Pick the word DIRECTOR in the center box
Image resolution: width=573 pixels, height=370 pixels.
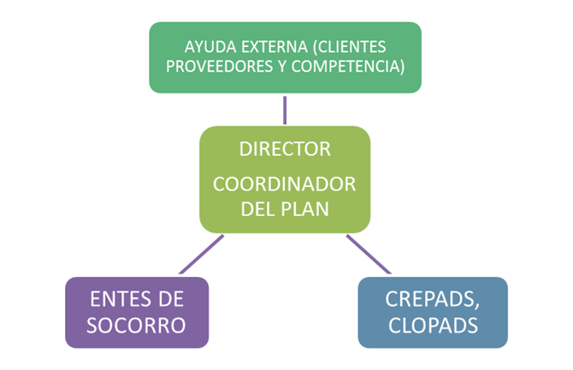pos(285,150)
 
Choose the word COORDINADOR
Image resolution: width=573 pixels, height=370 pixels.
pos(285,185)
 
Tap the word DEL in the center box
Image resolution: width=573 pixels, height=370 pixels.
pos(258,208)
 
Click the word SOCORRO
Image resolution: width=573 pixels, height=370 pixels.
pos(137,325)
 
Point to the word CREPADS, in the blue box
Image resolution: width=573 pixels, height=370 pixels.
pos(432,301)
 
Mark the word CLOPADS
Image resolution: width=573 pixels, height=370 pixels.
pos(432,325)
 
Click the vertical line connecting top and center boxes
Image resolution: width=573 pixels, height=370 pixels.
pos(285,109)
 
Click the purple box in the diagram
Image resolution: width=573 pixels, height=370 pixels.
pos(137,342)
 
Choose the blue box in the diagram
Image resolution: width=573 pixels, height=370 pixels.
pos(432,342)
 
